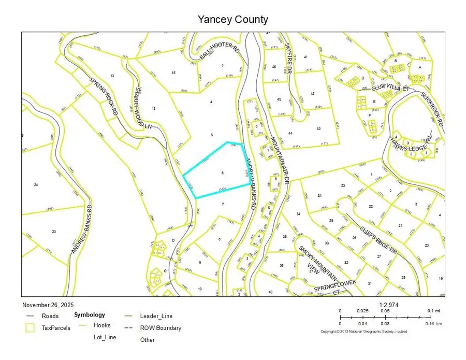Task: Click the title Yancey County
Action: pos(233,20)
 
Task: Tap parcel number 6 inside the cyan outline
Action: pos(222,172)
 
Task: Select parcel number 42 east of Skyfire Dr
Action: pos(313,94)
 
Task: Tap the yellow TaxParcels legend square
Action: pos(30,328)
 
